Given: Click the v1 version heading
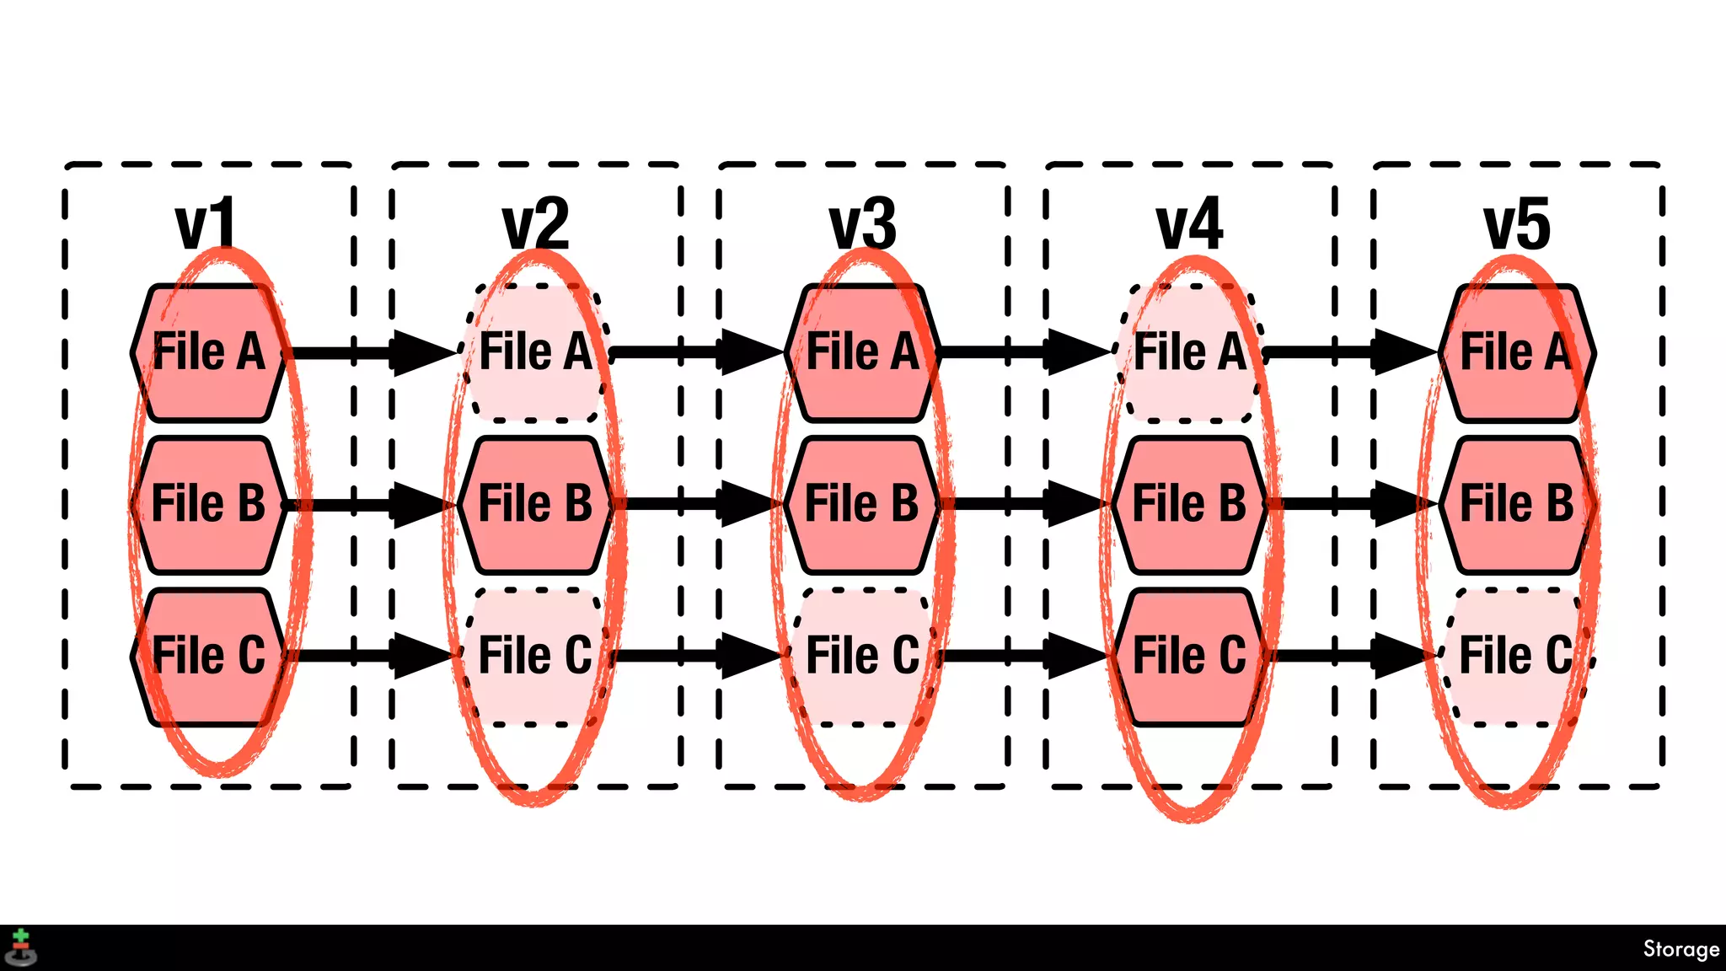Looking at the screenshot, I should tap(206, 224).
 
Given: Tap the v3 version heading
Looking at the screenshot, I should tap(862, 224).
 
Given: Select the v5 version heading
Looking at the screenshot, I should tap(1517, 224).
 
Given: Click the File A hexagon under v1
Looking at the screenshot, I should tap(208, 352).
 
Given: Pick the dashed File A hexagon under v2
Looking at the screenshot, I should tap(535, 352).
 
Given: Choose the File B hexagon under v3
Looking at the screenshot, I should tap(862, 504).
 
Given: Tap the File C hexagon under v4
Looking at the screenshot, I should tap(1189, 656).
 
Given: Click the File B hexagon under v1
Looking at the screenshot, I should tap(208, 504).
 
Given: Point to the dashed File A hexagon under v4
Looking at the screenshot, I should tap(1189, 352).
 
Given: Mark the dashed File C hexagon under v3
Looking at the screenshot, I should tap(862, 656).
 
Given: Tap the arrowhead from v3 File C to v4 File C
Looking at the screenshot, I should tap(1077, 656).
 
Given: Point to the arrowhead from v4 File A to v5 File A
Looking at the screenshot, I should tap(1404, 352).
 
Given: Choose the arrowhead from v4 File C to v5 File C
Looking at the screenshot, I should tap(1404, 656).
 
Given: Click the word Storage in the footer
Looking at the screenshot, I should tap(1680, 949).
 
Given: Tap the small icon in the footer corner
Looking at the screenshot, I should tap(21, 948).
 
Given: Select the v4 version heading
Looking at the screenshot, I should tap(1189, 224).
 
